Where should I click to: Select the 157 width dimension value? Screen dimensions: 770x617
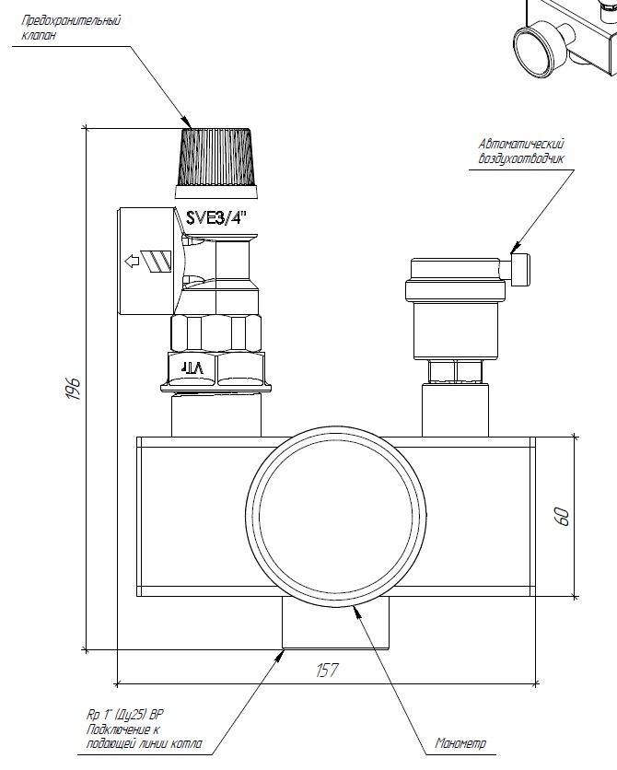click(x=327, y=671)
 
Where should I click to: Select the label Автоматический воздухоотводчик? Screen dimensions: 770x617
click(x=520, y=151)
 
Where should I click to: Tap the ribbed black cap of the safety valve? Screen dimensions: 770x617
click(x=215, y=157)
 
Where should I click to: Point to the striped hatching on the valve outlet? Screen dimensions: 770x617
click(x=158, y=260)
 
